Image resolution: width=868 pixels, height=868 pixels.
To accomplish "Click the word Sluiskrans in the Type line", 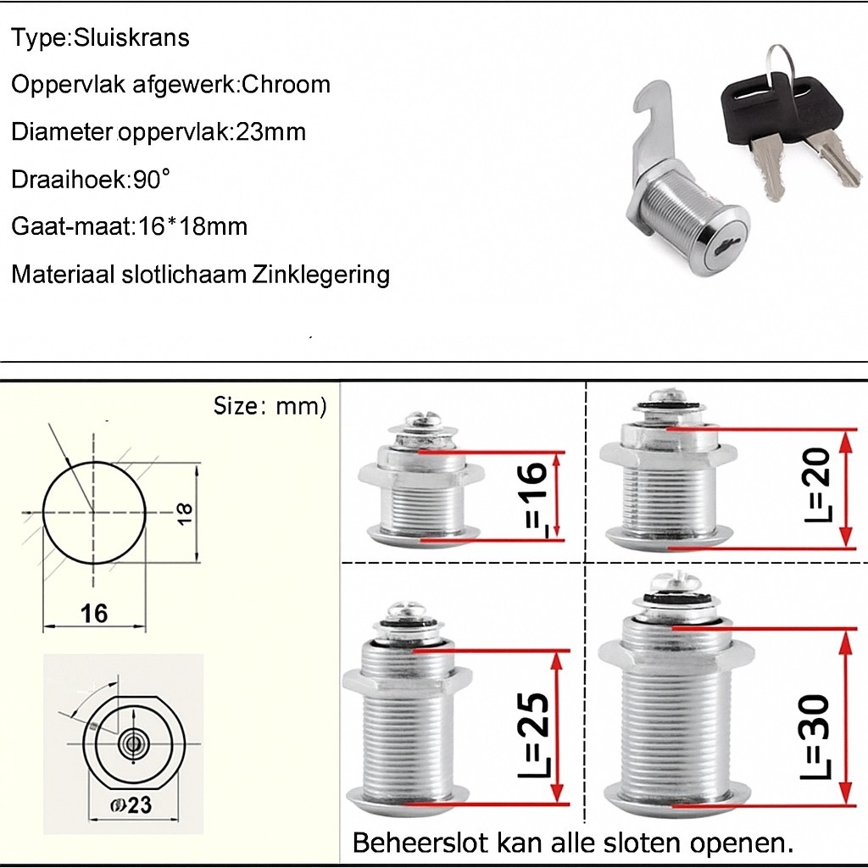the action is coord(131,37).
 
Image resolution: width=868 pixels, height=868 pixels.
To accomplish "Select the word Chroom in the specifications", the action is coord(287,85).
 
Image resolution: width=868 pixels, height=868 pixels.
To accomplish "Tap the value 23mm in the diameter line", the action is coord(271,131).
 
